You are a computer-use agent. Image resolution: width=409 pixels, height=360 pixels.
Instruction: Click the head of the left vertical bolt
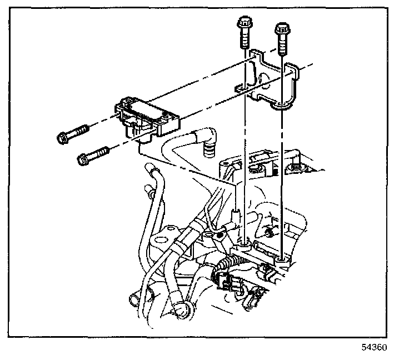[x=245, y=24]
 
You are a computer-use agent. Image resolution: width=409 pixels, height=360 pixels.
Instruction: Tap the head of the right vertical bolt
[x=281, y=28]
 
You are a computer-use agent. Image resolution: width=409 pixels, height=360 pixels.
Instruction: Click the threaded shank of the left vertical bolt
[x=245, y=40]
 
